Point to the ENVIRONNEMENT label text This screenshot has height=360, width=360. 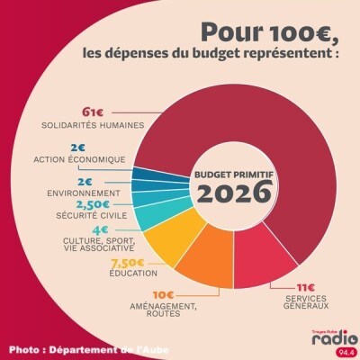pos(84,193)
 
